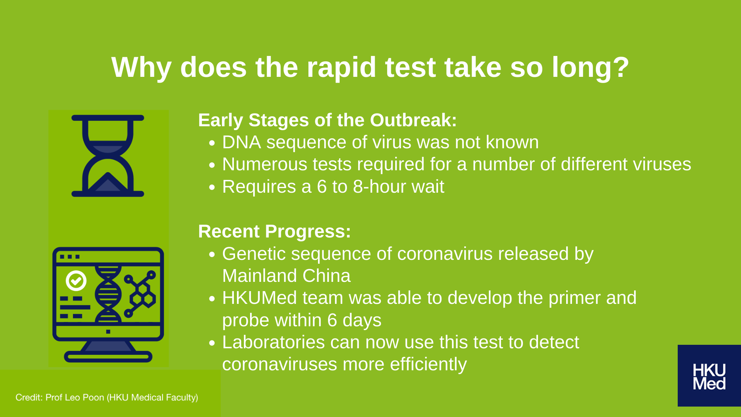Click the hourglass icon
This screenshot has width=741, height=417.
108,156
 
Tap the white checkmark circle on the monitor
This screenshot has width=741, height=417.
76,281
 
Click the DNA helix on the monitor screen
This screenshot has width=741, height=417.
108,294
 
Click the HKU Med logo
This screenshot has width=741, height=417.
709,376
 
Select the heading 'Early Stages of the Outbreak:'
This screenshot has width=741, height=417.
327,120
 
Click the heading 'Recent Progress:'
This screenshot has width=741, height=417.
274,231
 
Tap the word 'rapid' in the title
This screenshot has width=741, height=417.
341,68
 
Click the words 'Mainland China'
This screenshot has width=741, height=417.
286,276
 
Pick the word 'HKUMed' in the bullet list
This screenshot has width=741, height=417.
260,298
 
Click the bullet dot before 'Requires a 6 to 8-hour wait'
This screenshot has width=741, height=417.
211,187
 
